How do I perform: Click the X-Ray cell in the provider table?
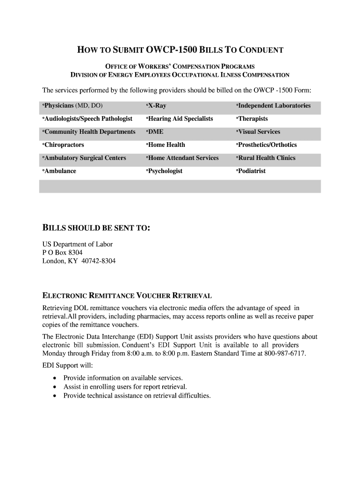(x=157, y=106)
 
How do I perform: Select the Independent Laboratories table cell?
(x=274, y=106)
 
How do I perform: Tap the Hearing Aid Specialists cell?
(x=180, y=119)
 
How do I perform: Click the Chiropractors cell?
(x=64, y=145)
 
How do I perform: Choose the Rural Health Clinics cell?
(x=266, y=158)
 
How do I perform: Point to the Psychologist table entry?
(x=165, y=171)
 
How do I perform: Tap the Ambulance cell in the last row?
(x=59, y=171)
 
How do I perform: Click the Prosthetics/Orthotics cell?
(x=266, y=145)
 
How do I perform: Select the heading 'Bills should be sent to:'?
(x=96, y=228)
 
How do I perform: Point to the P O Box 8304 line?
(x=62, y=253)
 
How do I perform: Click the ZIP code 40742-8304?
(x=98, y=261)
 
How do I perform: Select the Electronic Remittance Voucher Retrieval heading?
(x=127, y=296)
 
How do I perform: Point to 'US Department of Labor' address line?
(x=78, y=244)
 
